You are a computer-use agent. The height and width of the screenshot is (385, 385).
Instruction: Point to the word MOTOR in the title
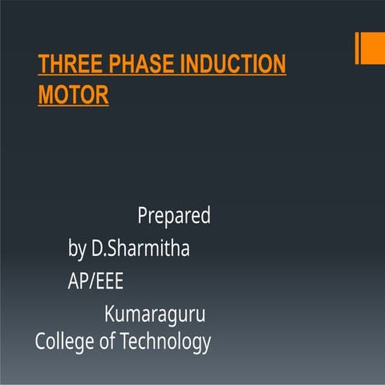click(x=73, y=95)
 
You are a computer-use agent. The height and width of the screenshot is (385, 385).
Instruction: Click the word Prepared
click(x=174, y=217)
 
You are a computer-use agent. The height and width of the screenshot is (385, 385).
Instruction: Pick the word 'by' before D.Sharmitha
click(x=77, y=249)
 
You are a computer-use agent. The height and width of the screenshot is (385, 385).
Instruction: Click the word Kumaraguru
click(x=155, y=315)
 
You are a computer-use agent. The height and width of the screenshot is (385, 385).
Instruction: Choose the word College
click(x=65, y=342)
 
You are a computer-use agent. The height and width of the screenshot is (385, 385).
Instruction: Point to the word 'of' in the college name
click(x=107, y=342)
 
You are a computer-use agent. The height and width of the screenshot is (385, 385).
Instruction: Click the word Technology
click(x=165, y=342)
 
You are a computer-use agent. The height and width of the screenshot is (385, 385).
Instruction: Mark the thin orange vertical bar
click(x=357, y=48)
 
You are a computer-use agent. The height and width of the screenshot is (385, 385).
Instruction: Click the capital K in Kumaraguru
click(x=110, y=315)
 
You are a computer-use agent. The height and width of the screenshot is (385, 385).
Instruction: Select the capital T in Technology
click(x=124, y=342)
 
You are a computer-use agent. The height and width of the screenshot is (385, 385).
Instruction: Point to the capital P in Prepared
click(x=143, y=216)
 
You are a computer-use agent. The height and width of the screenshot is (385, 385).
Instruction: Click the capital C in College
click(x=40, y=342)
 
